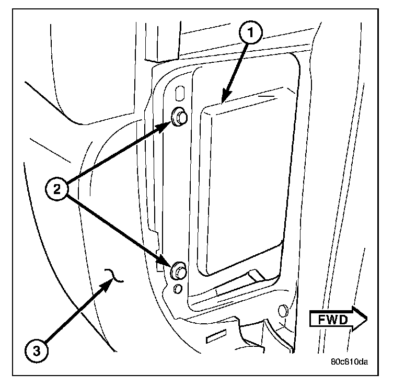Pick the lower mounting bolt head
coord(179,270)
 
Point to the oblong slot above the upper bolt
coord(179,93)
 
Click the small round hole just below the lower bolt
coord(178,289)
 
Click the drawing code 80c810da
coord(349,361)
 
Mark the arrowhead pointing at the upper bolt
coord(170,124)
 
